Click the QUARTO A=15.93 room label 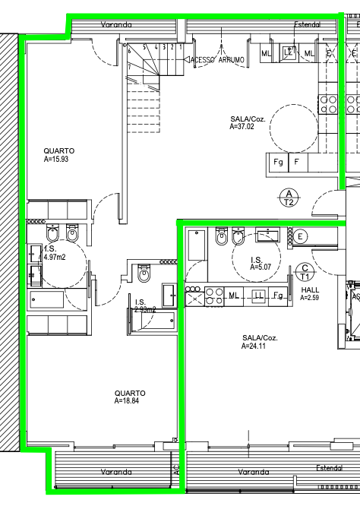tap(59, 156)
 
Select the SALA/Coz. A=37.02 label tap(248, 123)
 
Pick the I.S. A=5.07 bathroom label tap(257, 263)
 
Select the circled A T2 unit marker tap(289, 198)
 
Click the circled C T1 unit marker tap(305, 272)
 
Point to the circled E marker tap(301, 236)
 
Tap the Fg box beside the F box tap(278, 163)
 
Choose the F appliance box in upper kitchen tap(297, 163)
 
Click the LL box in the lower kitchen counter tap(258, 295)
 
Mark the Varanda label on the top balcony tap(116, 24)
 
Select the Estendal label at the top tap(308, 24)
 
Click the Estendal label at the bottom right tap(330, 468)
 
